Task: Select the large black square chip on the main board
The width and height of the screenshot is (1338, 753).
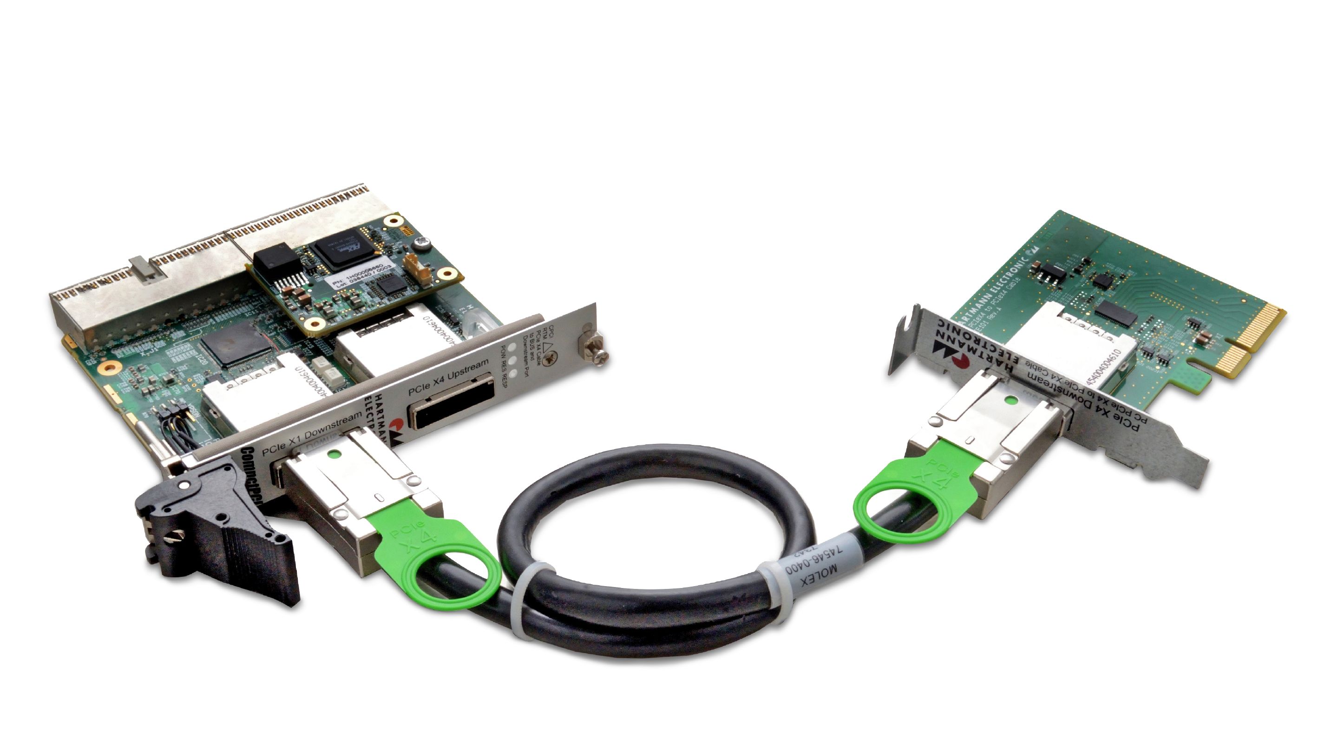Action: click(236, 343)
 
